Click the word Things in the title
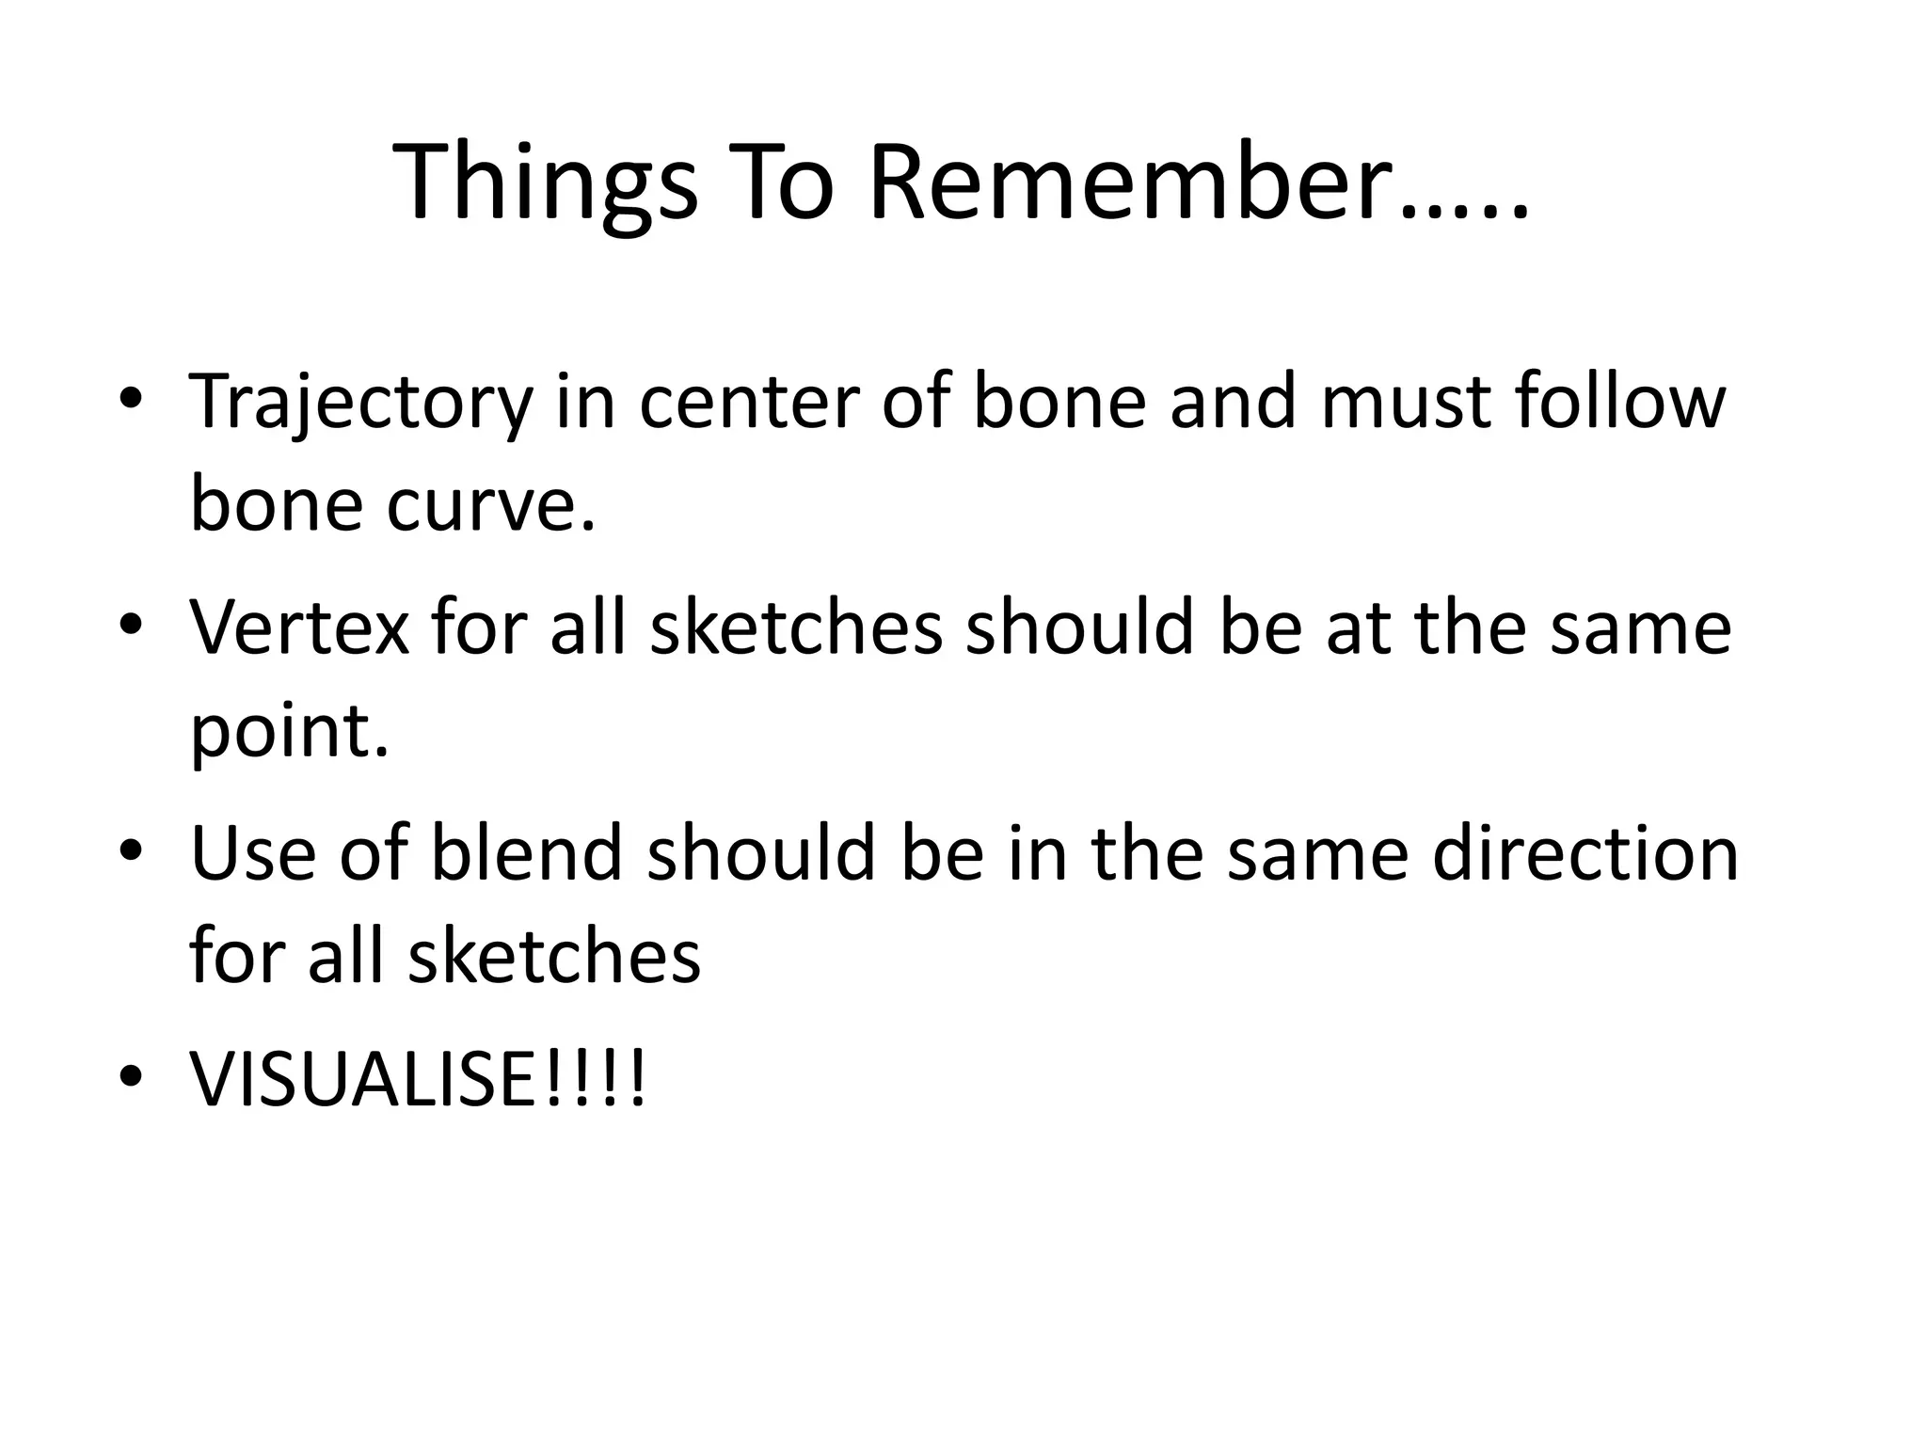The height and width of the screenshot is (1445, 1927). [x=546, y=183]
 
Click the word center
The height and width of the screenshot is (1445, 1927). [x=748, y=403]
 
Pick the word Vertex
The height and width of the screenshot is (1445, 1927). [x=299, y=627]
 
